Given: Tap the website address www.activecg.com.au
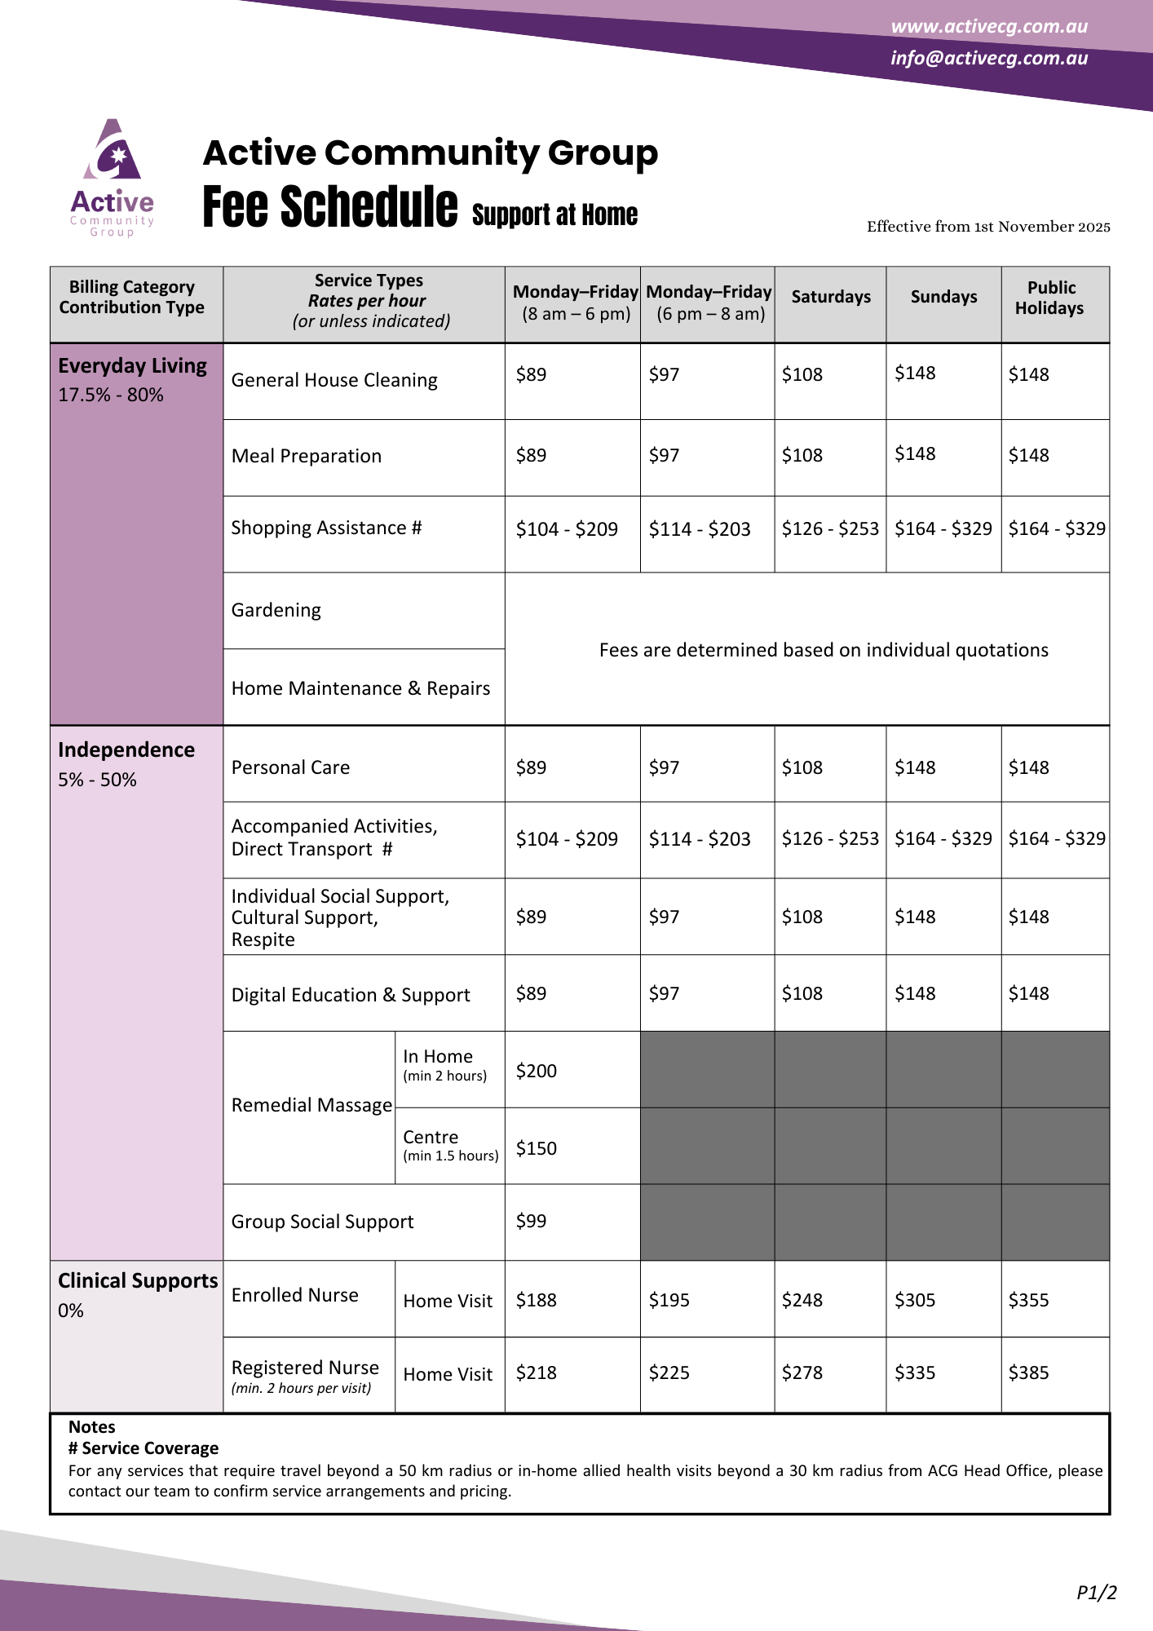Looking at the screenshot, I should pyautogui.click(x=988, y=26).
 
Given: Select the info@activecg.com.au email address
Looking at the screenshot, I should pyautogui.click(x=988, y=58).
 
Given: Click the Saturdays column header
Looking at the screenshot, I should pyautogui.click(x=830, y=297).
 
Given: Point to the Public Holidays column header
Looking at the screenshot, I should pyautogui.click(x=1050, y=298).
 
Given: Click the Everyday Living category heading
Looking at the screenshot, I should pyautogui.click(x=132, y=366).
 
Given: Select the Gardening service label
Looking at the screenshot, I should pyautogui.click(x=276, y=610).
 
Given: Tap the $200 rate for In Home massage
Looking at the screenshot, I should pyautogui.click(x=536, y=1071).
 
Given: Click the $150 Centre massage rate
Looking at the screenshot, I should pyautogui.click(x=536, y=1148).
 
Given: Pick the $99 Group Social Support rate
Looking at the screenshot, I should pyautogui.click(x=531, y=1221).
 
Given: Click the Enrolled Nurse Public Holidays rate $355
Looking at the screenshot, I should pyautogui.click(x=1028, y=1300).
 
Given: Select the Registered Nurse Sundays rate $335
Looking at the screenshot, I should pyautogui.click(x=915, y=1372).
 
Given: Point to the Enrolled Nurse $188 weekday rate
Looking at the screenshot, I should pyautogui.click(x=536, y=1300).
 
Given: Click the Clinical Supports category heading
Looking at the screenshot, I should pyautogui.click(x=138, y=1281).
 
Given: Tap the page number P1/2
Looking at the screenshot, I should pyautogui.click(x=1096, y=1592).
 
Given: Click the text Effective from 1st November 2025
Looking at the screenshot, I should pyautogui.click(x=987, y=227).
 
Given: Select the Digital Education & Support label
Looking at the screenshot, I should pyautogui.click(x=351, y=995).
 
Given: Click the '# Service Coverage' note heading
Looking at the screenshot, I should pyautogui.click(x=144, y=1448).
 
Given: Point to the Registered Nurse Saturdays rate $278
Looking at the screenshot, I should pyautogui.click(x=802, y=1372).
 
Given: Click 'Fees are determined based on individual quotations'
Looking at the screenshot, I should pyautogui.click(x=824, y=650).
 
